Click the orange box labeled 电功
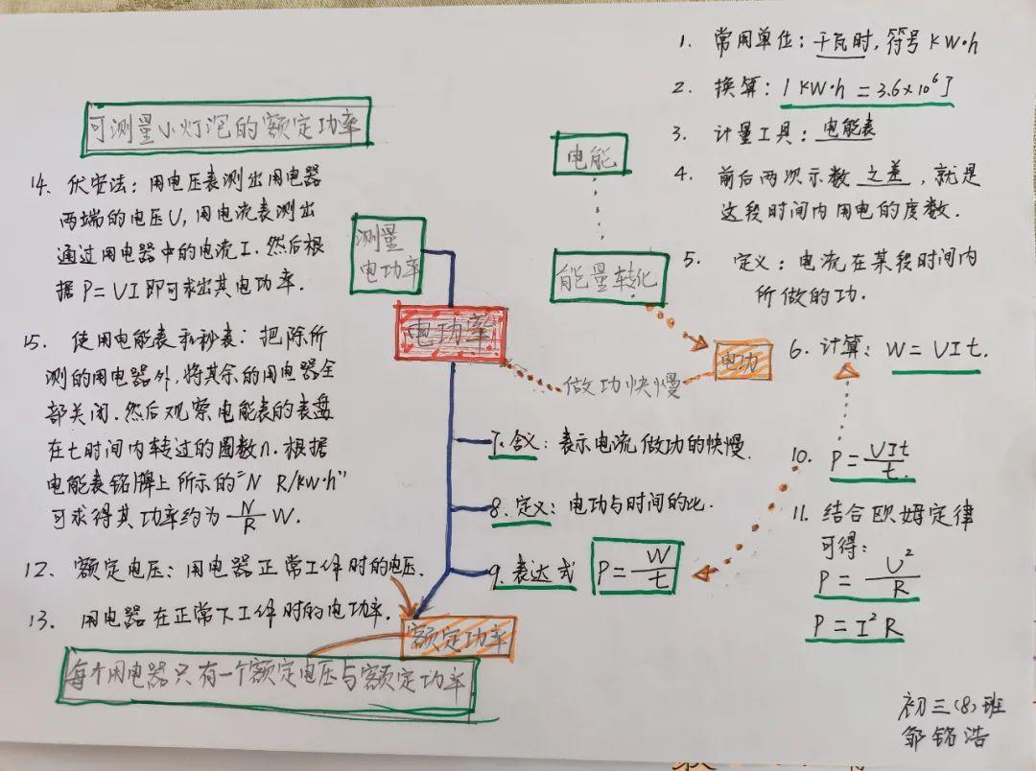pos(741,361)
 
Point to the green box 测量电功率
pos(387,252)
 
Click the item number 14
pos(42,183)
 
